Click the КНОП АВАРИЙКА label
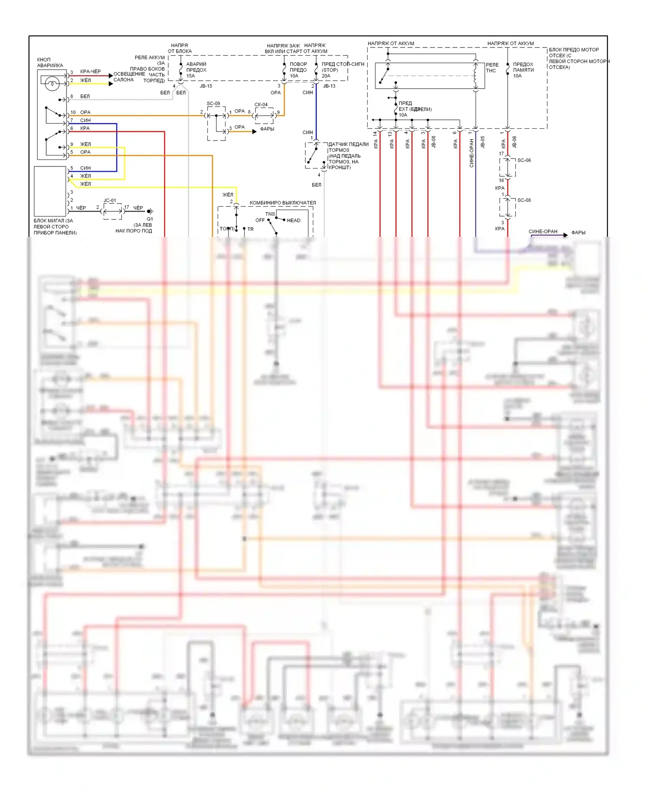tap(50, 63)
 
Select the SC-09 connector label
tap(213, 104)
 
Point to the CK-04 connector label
tap(261, 105)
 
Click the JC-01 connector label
tap(110, 201)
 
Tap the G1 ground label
tap(150, 219)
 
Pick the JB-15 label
tap(206, 86)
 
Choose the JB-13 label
tap(329, 86)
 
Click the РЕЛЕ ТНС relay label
tap(492, 68)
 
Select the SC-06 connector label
tap(524, 160)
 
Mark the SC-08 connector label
tap(524, 201)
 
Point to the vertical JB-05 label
tap(483, 142)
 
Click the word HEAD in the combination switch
tap(294, 220)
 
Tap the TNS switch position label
tap(270, 214)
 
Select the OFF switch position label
tap(260, 220)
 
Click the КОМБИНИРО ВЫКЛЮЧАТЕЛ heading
tap(283, 203)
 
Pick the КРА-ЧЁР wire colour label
tap(90, 72)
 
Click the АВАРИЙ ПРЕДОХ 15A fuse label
tap(196, 70)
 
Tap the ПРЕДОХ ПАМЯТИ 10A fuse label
tap(523, 70)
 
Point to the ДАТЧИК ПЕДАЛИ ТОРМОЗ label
tap(348, 147)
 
